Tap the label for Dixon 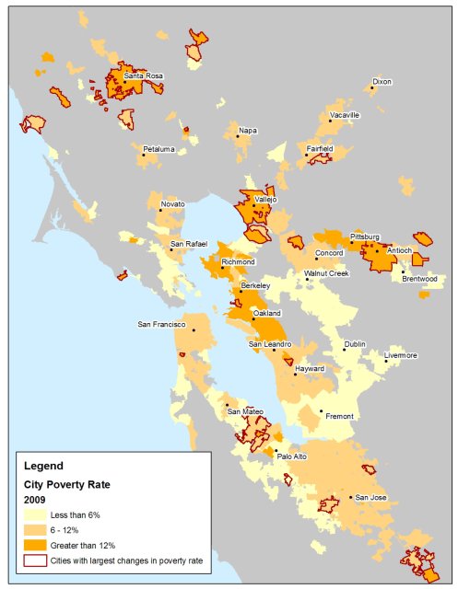pos(382,82)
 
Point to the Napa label pos(247,131)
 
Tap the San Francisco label pos(161,325)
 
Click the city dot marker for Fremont pos(321,411)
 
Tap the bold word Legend pos(43,465)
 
